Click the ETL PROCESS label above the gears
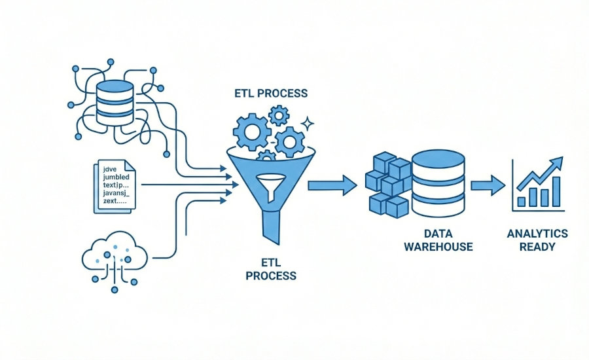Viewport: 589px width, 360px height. pyautogui.click(x=271, y=94)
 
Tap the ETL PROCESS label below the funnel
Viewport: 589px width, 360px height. pyautogui.click(x=271, y=268)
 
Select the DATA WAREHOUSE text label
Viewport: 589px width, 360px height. pyautogui.click(x=438, y=240)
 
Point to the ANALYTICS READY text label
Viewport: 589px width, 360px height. pyautogui.click(x=537, y=240)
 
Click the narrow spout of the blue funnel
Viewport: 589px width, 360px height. pyautogui.click(x=271, y=226)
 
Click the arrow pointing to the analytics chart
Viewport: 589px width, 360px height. pyautogui.click(x=488, y=185)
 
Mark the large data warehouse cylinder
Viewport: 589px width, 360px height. pyautogui.click(x=438, y=183)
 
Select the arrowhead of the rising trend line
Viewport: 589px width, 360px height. pyautogui.click(x=557, y=161)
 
